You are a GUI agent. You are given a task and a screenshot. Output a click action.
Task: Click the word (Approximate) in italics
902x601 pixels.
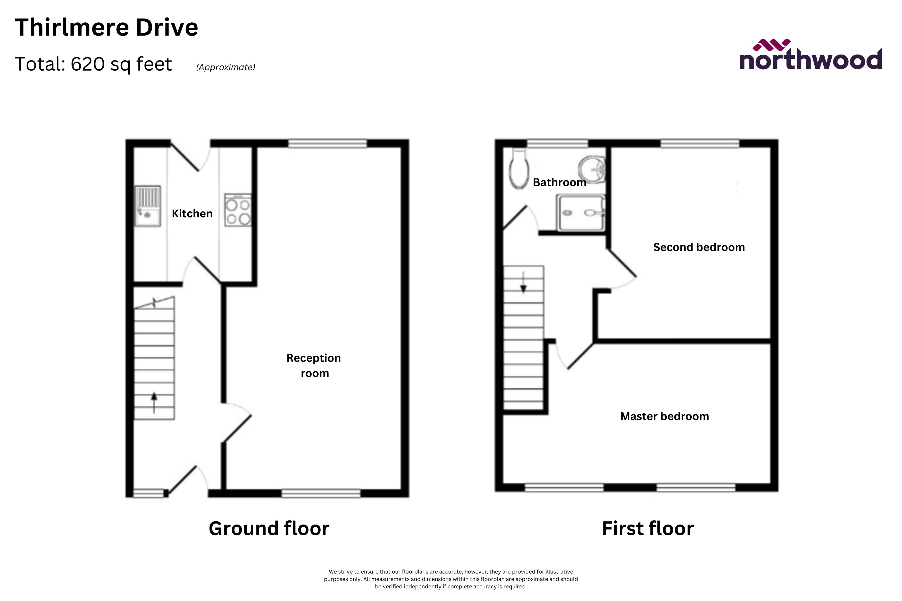tap(225, 67)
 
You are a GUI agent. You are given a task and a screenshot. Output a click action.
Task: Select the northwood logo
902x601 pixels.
tap(810, 56)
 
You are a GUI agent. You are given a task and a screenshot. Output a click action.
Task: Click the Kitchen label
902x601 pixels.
tap(192, 213)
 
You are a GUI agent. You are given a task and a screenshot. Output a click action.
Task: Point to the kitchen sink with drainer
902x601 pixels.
tap(148, 206)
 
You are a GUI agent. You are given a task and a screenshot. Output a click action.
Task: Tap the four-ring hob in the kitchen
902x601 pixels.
tap(238, 210)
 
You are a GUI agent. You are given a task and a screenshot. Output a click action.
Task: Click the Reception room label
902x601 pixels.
tap(314, 365)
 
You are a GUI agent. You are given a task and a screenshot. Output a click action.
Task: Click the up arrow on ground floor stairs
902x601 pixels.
tap(154, 402)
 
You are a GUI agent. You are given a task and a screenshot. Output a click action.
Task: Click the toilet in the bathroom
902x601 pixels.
tap(519, 170)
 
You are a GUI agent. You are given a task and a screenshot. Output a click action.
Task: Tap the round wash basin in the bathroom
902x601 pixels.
tap(592, 169)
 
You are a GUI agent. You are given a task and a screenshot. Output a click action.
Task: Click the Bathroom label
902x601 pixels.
tap(559, 183)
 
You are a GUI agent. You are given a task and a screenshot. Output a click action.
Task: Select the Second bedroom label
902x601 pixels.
tap(699, 247)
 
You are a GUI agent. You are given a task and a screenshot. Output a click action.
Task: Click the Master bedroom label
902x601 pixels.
tap(665, 416)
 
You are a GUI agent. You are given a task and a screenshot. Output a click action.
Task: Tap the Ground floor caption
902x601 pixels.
tap(269, 529)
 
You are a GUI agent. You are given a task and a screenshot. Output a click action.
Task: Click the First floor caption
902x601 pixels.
tap(648, 529)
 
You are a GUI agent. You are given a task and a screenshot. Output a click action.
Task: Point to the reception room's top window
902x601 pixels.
tap(328, 143)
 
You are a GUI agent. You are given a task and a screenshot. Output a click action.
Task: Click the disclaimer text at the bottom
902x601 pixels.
tap(451, 579)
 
